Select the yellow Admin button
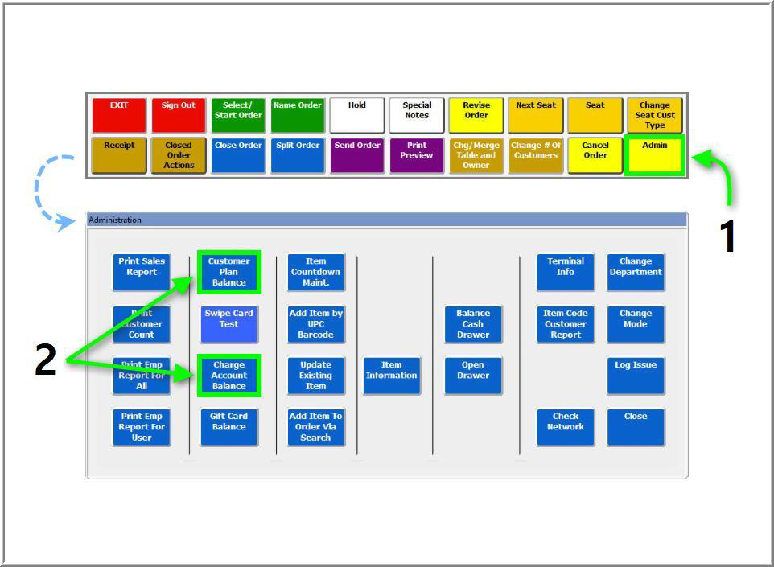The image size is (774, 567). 654,155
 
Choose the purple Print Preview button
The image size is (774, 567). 417,155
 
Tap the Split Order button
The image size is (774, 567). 298,155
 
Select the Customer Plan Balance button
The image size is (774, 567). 229,272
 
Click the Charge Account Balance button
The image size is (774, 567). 229,376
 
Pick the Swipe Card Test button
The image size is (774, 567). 229,324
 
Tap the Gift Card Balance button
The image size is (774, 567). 229,427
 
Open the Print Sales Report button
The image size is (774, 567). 142,272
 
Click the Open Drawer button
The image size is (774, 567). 473,376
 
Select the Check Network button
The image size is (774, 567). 566,427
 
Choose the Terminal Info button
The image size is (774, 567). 566,272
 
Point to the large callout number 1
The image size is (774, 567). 727,237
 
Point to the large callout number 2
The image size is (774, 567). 45,360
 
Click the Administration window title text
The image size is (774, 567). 115,220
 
